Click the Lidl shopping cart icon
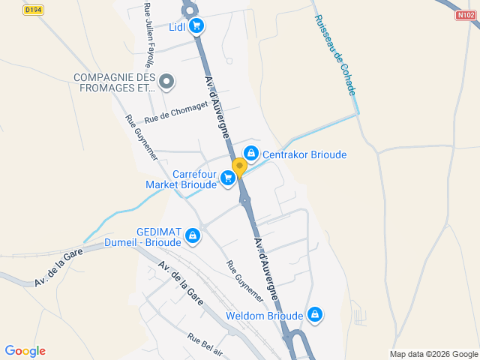pos(196,27)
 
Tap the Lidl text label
pos(177,28)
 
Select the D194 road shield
pos(32,10)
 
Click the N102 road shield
pos(466,14)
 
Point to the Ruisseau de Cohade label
pos(335,55)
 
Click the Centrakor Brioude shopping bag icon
pos(250,154)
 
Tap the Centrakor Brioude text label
pos(304,154)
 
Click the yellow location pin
pos(239,168)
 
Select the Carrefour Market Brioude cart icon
pos(227,178)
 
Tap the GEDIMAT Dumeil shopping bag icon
pos(193,236)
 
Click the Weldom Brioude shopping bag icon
pos(315,314)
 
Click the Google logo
pos(25,351)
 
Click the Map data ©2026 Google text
pos(433,354)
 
